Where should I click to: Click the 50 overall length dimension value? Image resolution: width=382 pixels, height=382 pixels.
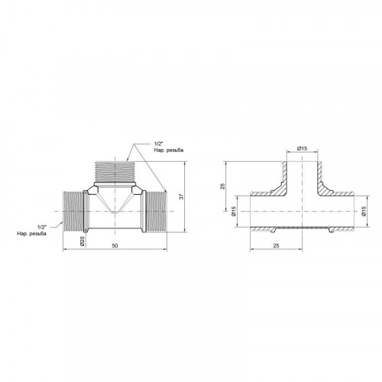pyautogui.click(x=115, y=245)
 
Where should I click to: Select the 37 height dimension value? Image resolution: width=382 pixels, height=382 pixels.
pyautogui.click(x=181, y=196)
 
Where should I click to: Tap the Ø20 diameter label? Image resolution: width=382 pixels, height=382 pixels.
pyautogui.click(x=82, y=241)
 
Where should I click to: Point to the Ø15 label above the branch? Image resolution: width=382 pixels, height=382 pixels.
pyautogui.click(x=302, y=148)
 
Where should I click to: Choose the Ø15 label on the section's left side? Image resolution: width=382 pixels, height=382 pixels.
pyautogui.click(x=234, y=211)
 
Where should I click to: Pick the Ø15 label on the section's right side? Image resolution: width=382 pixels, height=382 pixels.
pyautogui.click(x=364, y=211)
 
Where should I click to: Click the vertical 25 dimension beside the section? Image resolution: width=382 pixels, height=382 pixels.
pyautogui.click(x=223, y=186)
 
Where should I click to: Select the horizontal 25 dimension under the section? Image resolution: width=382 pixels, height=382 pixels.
pyautogui.click(x=276, y=245)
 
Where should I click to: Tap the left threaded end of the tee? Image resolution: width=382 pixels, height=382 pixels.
pyautogui.click(x=73, y=211)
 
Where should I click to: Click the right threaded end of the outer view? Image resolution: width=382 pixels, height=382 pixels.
pyautogui.click(x=157, y=211)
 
